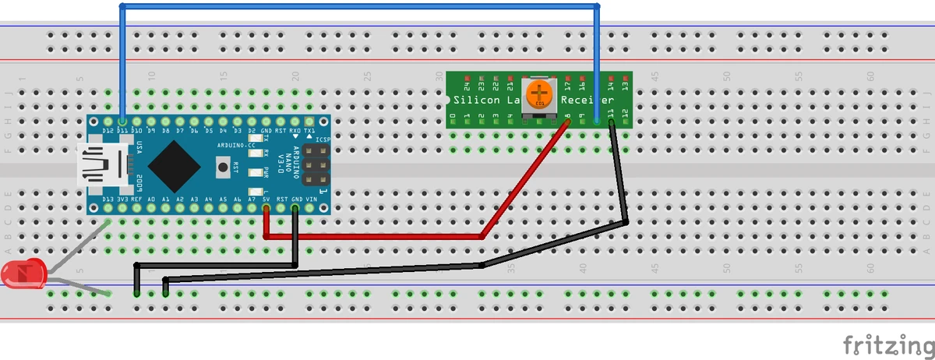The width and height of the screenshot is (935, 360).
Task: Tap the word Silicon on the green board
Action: click(477, 101)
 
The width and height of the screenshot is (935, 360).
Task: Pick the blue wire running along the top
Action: click(358, 7)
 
